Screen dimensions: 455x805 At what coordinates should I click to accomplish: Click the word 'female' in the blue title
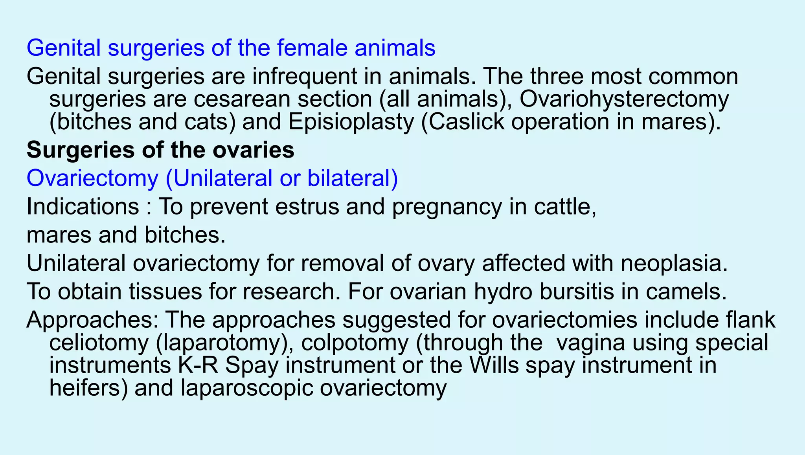point(312,48)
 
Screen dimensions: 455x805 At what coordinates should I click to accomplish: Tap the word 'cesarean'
point(242,99)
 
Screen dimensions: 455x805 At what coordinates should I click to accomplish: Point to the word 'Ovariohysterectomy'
point(624,99)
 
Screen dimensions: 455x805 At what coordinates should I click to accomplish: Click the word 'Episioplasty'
point(351,122)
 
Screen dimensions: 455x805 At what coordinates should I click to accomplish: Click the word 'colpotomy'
point(355,343)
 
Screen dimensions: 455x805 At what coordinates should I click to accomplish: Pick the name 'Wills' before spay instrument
point(494,365)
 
